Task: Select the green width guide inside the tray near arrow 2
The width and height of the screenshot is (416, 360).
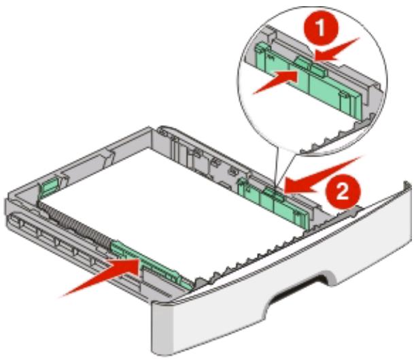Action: point(272,197)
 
